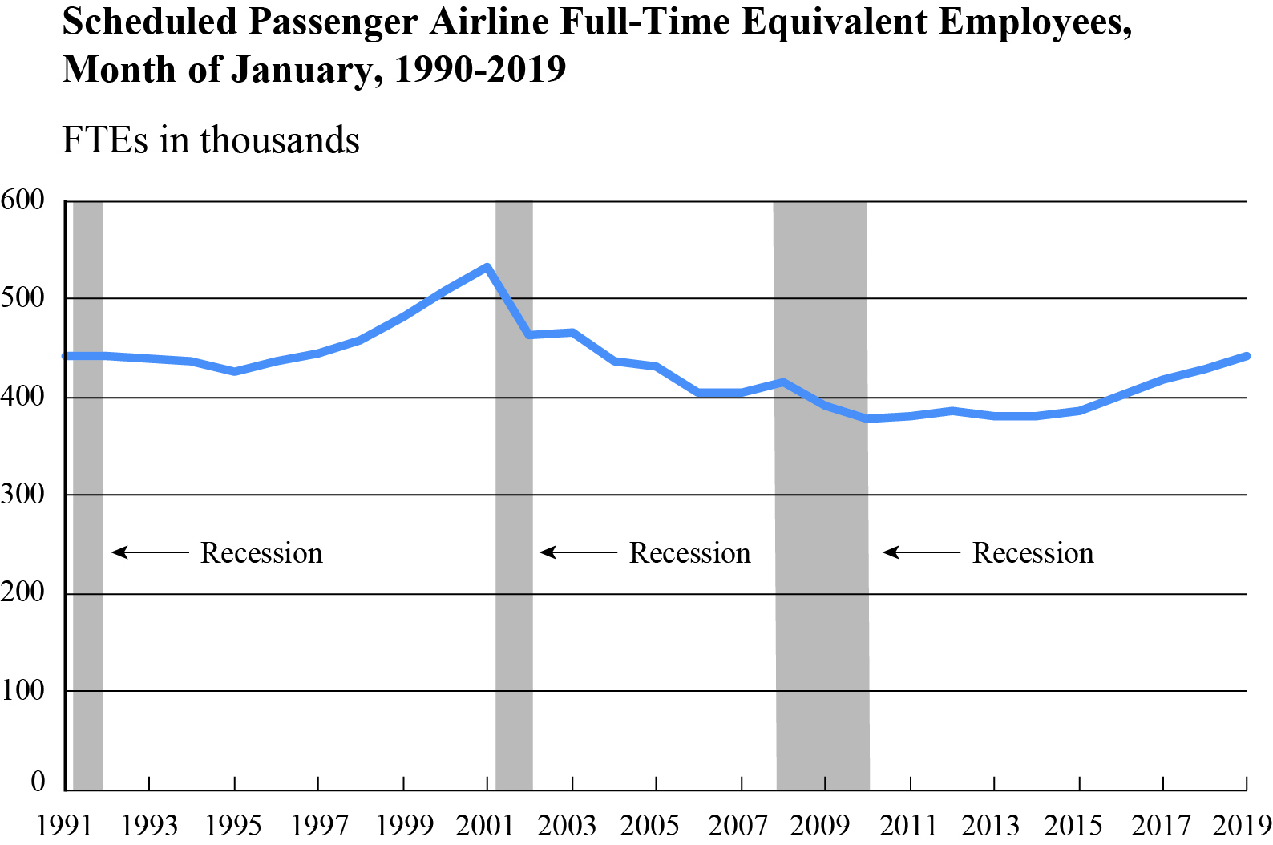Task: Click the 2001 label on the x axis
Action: (485, 825)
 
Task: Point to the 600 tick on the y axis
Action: (22, 200)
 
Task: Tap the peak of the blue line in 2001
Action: (487, 267)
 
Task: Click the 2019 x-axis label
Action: (1242, 825)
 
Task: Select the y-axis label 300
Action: (22, 494)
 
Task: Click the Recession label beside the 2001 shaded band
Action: (689, 553)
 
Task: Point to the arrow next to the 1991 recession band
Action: (150, 552)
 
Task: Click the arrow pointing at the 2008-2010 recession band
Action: (921, 552)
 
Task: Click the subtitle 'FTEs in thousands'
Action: (211, 140)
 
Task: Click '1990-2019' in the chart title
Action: (480, 70)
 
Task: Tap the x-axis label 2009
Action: (819, 825)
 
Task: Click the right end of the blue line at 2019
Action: (1246, 356)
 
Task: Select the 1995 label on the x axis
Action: (233, 825)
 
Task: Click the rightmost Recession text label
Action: (1033, 553)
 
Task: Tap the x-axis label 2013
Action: (991, 825)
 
